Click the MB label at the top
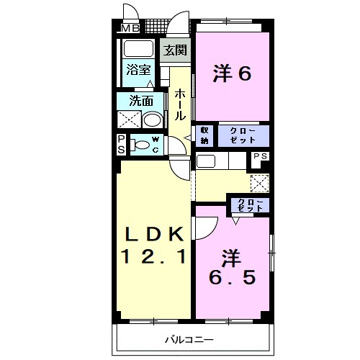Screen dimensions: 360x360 130,28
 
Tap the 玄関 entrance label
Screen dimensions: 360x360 174,50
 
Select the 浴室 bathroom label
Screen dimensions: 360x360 138,71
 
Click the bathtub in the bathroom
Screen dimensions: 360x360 138,50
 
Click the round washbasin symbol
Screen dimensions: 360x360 153,119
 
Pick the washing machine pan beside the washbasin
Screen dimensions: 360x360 130,119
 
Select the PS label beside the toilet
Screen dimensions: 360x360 121,145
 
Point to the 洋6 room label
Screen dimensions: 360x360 232,73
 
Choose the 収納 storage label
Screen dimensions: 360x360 205,135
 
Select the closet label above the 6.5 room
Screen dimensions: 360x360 246,204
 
